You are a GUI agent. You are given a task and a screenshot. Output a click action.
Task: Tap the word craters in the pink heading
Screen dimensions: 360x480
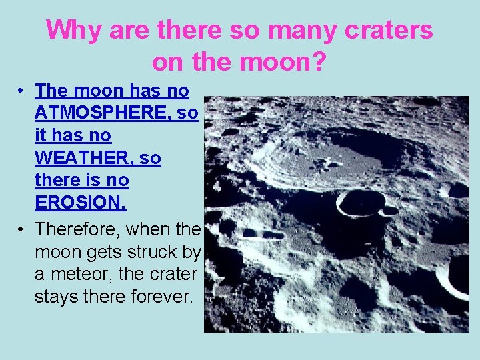(385, 30)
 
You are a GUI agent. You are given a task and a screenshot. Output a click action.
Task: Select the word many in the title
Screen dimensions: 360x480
(296, 30)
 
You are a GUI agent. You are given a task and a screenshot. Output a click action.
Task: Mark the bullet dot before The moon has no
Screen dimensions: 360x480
(21, 91)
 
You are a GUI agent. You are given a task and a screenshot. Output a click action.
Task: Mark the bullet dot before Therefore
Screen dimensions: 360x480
(21, 229)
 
